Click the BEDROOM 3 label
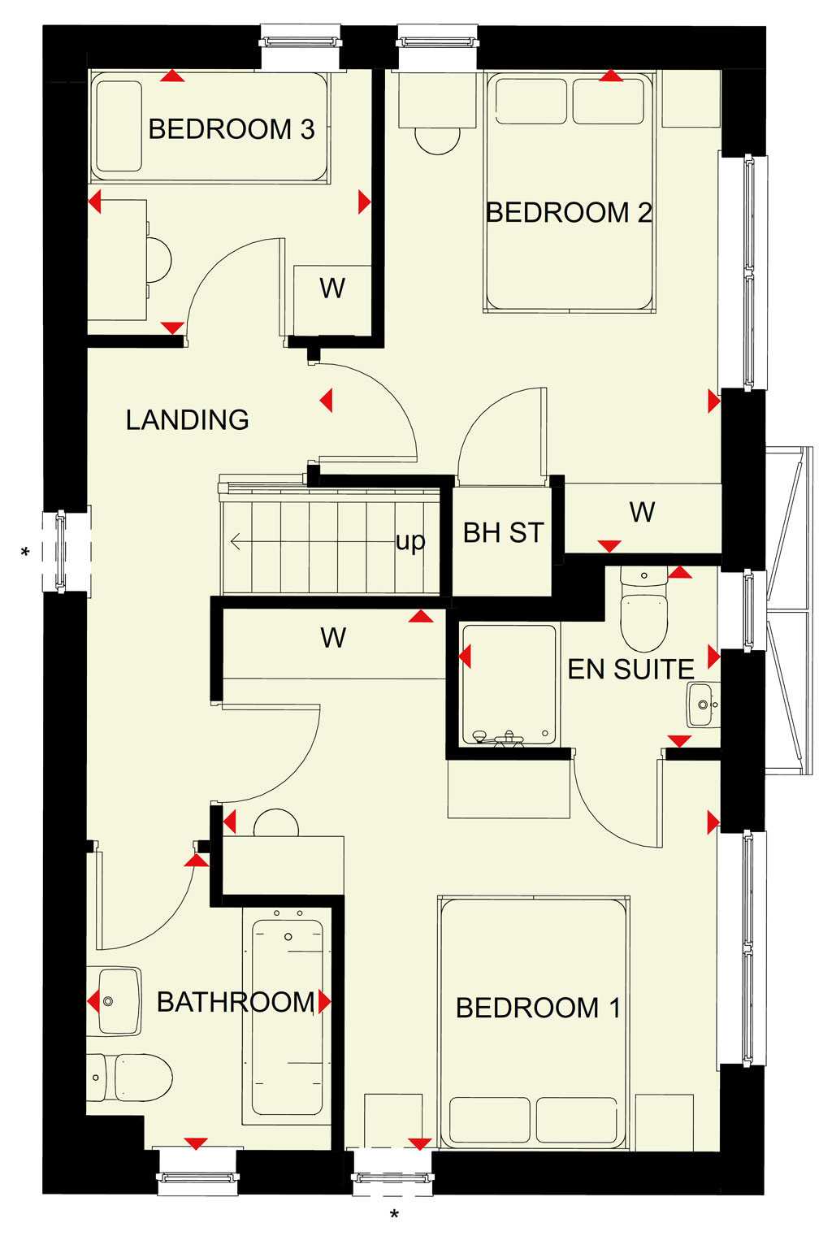click(232, 129)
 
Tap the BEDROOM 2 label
click(569, 212)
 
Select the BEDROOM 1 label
click(538, 1008)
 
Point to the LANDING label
click(188, 420)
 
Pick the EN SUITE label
click(630, 670)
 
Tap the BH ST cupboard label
click(503, 533)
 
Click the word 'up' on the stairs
click(410, 542)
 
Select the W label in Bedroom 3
click(332, 288)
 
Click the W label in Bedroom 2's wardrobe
click(642, 512)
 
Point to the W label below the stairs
click(333, 638)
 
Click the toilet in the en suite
click(643, 609)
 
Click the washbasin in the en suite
click(704, 705)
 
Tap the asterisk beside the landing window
click(25, 552)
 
